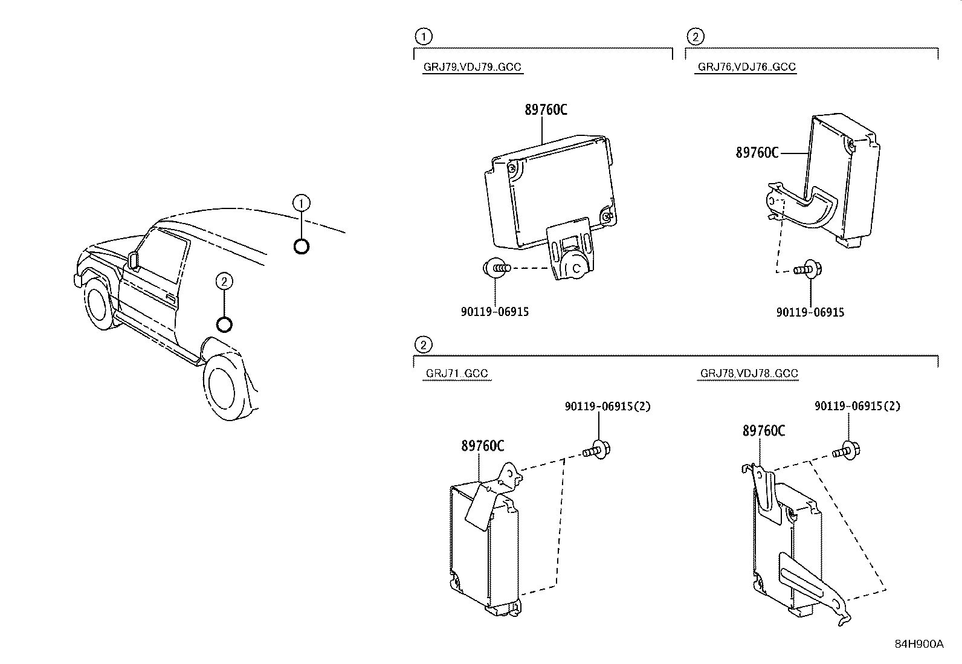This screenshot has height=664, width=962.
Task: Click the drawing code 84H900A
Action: point(918,644)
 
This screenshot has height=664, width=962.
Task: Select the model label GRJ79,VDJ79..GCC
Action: point(472,67)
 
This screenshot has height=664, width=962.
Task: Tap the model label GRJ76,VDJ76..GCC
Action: point(746,67)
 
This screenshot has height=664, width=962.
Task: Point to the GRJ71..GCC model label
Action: point(456,373)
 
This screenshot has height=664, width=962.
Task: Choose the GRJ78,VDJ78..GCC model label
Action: point(749,373)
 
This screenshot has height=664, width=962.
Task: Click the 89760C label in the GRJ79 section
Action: point(546,110)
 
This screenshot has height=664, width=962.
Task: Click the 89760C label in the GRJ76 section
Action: point(757,153)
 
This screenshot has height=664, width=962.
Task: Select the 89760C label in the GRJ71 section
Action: point(482,446)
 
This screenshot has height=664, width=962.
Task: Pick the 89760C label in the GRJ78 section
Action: point(763,431)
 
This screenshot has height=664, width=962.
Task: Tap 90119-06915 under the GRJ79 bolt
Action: point(494,312)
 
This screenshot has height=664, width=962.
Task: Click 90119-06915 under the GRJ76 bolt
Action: point(810,312)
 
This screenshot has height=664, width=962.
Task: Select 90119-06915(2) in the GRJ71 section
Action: point(608,407)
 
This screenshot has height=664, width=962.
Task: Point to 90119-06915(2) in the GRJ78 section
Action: point(857,407)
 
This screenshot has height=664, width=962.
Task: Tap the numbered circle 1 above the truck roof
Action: point(301,202)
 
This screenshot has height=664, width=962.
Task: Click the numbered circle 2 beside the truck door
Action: point(224,281)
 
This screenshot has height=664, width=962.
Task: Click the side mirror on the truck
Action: point(132,260)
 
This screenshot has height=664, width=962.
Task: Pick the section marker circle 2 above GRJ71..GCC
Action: point(424,345)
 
